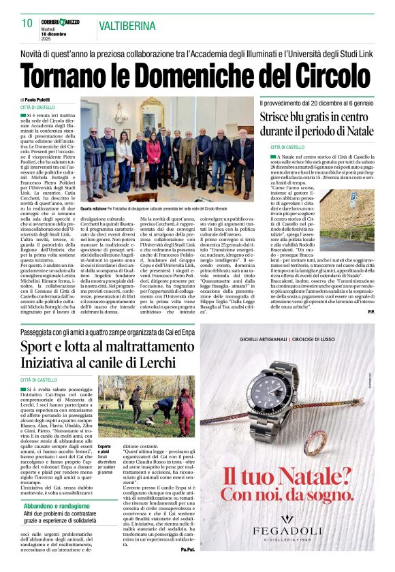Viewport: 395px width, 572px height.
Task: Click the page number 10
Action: [x=27, y=22]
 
